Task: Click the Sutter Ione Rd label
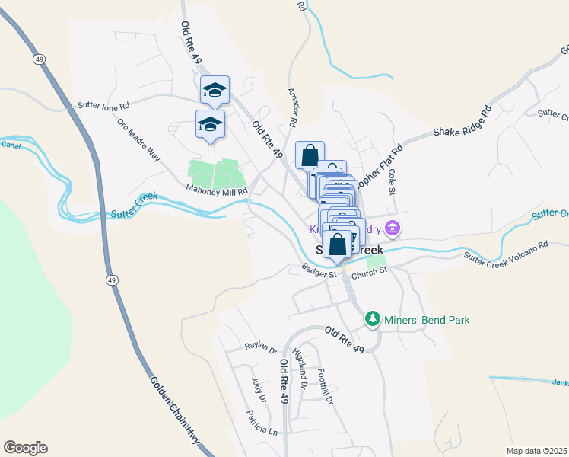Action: [x=104, y=105]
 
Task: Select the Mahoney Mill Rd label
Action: [x=217, y=191]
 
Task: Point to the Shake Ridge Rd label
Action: [x=463, y=121]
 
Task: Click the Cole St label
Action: [x=393, y=181]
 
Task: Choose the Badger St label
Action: [x=319, y=270]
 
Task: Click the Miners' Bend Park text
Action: [x=427, y=319]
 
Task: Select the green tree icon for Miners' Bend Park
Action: [x=372, y=318]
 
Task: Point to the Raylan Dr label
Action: [x=261, y=348]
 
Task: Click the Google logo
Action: [x=25, y=447]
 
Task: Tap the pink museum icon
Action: [x=393, y=228]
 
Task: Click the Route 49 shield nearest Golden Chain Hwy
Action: [x=111, y=280]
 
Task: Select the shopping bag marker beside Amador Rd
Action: [x=310, y=155]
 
